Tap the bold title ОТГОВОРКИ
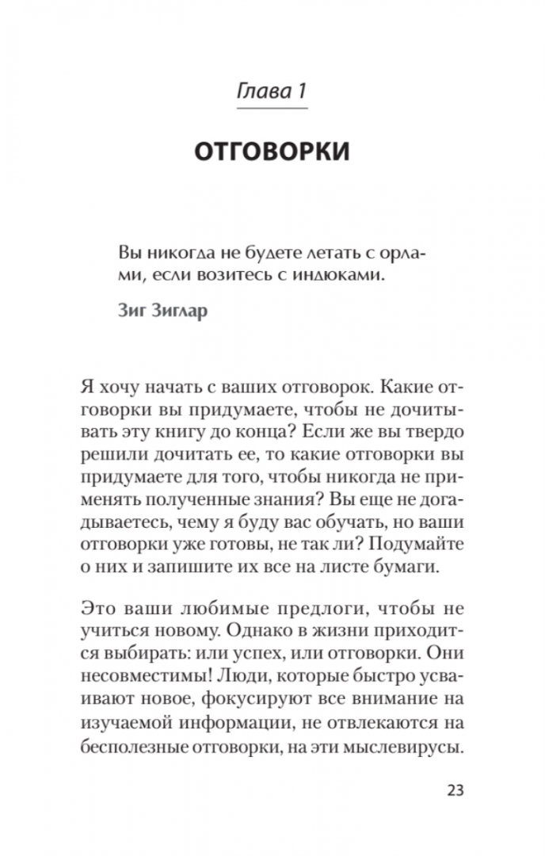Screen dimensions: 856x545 (272, 151)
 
